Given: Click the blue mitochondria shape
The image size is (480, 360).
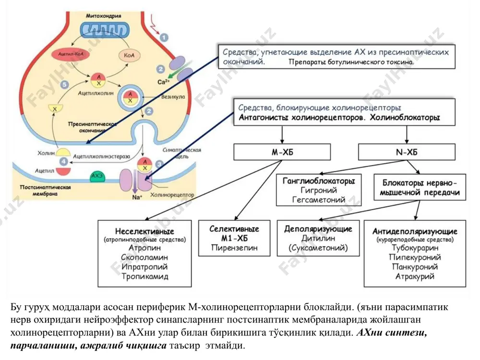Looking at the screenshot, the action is point(105,31).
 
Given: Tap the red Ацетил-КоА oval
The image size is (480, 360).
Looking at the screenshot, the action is point(71,54).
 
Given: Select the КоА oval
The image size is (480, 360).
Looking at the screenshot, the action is point(129,55).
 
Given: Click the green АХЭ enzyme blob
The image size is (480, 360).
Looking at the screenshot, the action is point(97,176).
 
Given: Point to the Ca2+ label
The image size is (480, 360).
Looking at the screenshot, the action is point(164,82).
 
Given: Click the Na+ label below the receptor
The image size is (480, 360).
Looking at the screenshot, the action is point(137,197).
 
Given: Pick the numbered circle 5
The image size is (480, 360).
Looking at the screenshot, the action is point(64,84).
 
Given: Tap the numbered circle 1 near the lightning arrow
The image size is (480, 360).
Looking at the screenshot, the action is point(164,37).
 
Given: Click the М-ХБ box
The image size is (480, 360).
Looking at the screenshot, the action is point(282,152).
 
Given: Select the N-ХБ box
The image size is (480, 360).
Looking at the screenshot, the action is point(407,152).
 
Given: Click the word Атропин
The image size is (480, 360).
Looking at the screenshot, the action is point(144,248).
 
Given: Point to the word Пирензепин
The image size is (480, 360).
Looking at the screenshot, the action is point(234,248).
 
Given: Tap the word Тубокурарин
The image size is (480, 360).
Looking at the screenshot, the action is point(415,248).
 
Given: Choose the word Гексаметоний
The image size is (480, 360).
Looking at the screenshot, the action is point(319,200).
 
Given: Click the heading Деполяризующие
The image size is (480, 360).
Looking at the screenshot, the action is point(318,229).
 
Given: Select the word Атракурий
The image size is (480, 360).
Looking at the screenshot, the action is point(415,276).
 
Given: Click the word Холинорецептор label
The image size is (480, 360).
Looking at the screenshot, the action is point(172,195).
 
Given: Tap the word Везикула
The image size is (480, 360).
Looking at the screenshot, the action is point(173,97).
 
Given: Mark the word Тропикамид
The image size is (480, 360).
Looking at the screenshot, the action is point(145,276).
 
